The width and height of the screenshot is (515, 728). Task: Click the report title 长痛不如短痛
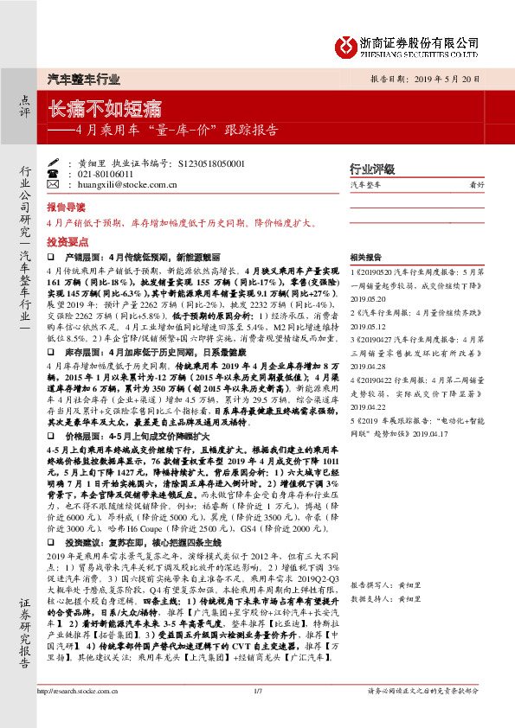(x=105, y=109)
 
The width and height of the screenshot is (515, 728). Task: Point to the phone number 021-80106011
(x=106, y=173)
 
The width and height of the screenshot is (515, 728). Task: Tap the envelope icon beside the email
(x=68, y=183)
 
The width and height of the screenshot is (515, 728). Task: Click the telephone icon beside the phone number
(x=68, y=173)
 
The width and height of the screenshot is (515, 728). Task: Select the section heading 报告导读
(x=66, y=208)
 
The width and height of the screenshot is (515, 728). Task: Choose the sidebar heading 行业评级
(x=371, y=168)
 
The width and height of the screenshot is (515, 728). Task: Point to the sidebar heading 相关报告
(x=366, y=258)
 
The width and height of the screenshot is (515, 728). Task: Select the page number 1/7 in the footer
(x=257, y=715)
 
